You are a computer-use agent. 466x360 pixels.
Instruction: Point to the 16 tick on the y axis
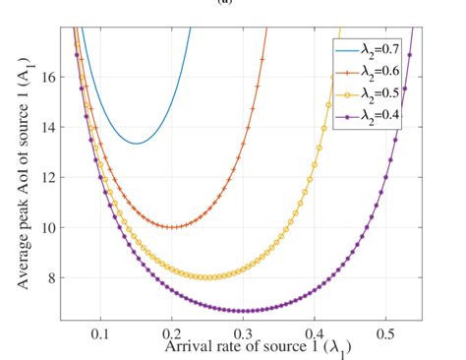tap(46, 76)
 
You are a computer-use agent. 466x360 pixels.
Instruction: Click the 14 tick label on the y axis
tap(46, 127)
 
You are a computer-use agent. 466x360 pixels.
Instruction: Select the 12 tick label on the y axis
tap(46, 177)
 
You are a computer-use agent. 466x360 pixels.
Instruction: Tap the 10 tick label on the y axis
tap(46, 227)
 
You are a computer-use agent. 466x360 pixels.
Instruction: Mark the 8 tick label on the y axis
tap(50, 277)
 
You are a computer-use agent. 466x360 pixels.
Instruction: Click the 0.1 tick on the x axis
tap(99, 333)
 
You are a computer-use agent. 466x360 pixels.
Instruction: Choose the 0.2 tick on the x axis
tap(171, 333)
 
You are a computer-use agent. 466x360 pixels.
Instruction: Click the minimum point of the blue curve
tap(136, 144)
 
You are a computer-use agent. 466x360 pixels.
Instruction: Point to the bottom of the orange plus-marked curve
tap(172, 227)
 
